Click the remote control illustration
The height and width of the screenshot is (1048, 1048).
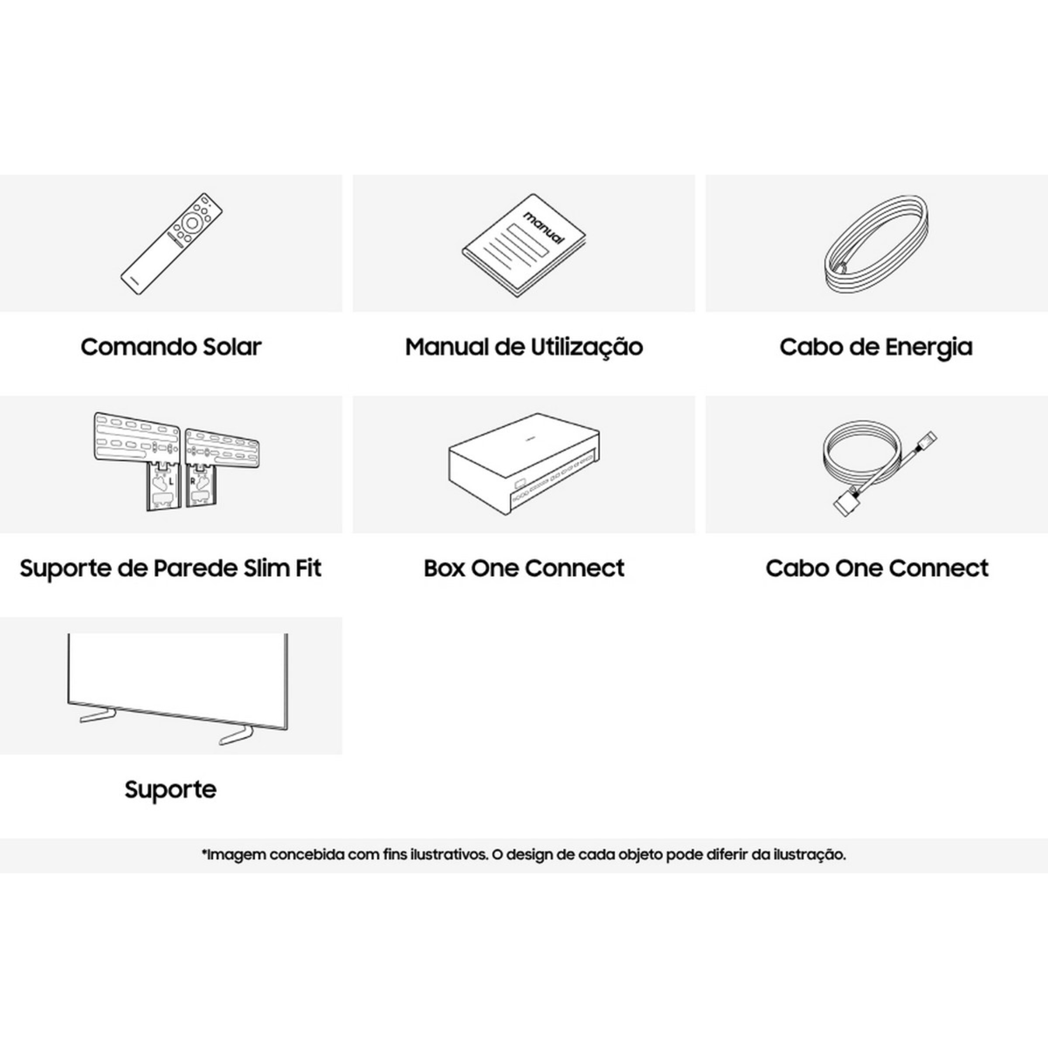pyautogui.click(x=172, y=244)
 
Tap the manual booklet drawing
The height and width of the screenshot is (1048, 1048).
pyautogui.click(x=524, y=245)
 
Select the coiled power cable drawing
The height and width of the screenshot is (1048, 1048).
pyautogui.click(x=876, y=245)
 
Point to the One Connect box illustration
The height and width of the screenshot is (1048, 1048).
pyautogui.click(x=524, y=464)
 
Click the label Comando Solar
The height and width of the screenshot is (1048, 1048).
pyautogui.click(x=171, y=347)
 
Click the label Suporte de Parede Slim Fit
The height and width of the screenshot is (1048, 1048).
pyautogui.click(x=171, y=569)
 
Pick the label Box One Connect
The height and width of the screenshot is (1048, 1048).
pyautogui.click(x=524, y=569)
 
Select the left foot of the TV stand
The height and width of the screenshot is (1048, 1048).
pyautogui.click(x=98, y=714)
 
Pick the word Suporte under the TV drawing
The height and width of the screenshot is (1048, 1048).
pyautogui.click(x=170, y=790)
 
